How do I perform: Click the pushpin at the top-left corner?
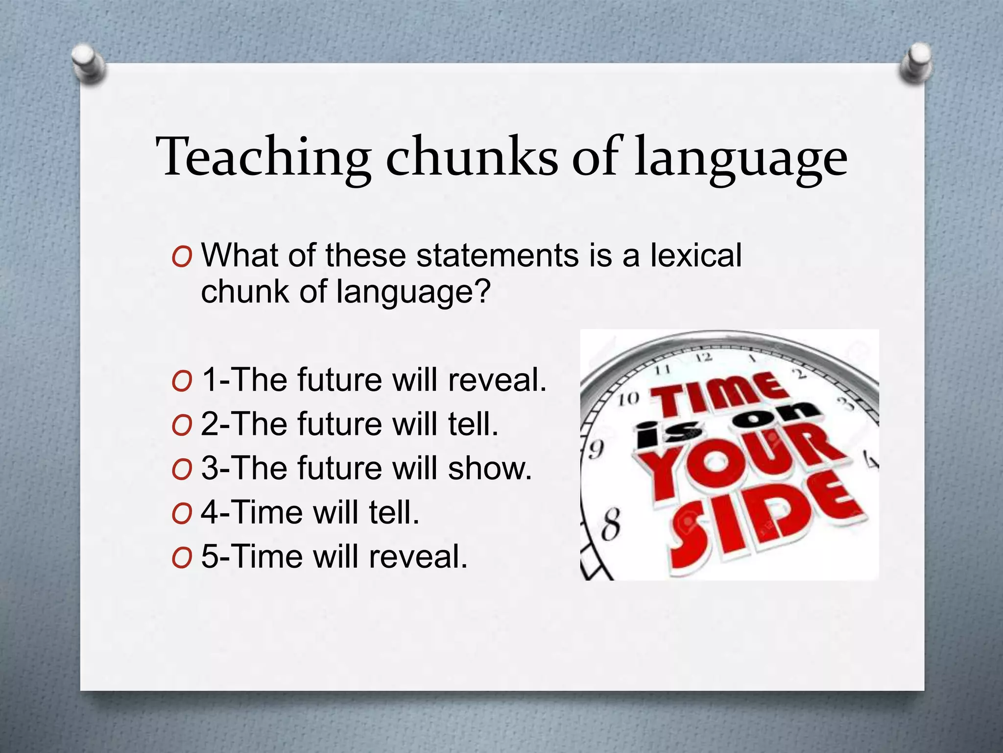[x=89, y=64]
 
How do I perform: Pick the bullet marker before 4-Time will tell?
[x=181, y=513]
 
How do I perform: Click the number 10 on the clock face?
[x=628, y=399]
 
